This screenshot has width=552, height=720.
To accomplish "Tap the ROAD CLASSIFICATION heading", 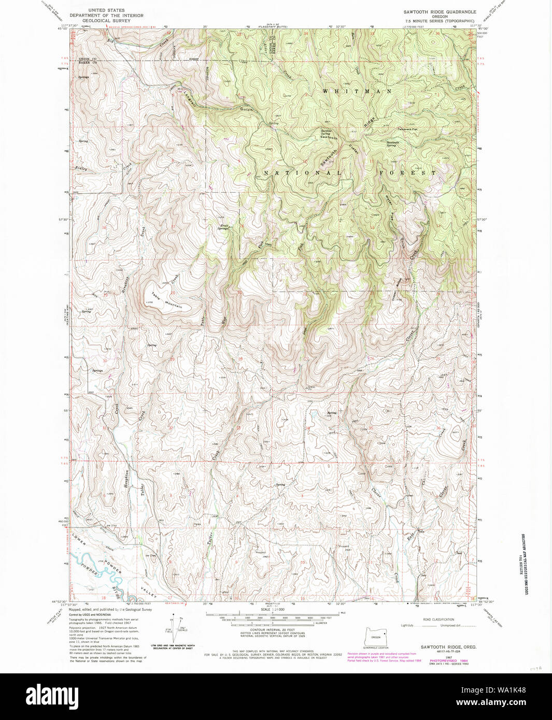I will (438, 620).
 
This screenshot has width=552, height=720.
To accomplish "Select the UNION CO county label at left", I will (88, 59).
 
